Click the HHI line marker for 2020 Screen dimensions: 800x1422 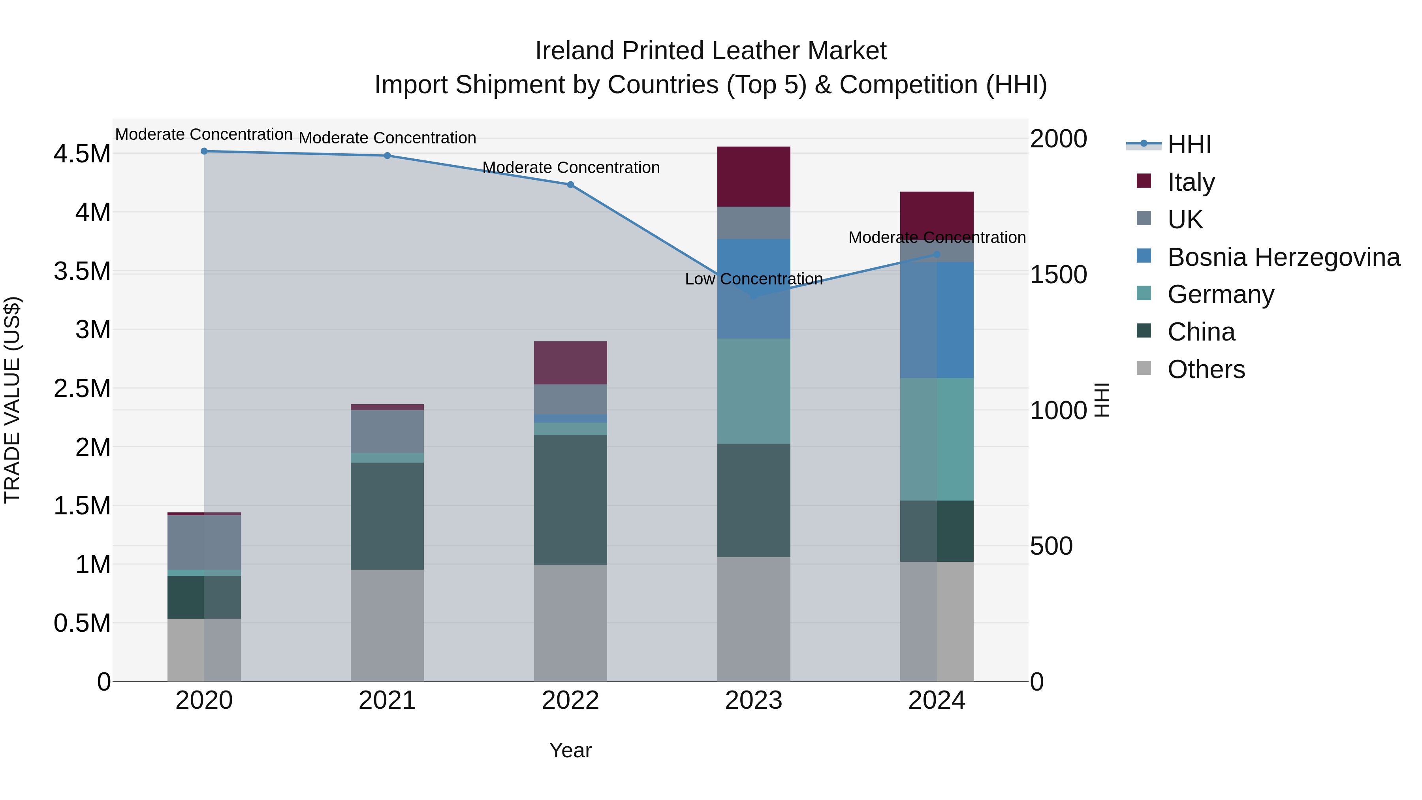pos(204,151)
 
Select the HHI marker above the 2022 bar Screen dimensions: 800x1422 pos(570,185)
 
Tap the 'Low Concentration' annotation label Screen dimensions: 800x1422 pos(754,279)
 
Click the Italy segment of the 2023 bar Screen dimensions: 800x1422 pos(754,177)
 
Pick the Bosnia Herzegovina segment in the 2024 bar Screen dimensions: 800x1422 pos(937,320)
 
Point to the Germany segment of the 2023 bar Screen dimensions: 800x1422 pos(754,391)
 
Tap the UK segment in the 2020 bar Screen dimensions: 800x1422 pos(204,542)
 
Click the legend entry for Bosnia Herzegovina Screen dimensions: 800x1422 pos(1283,257)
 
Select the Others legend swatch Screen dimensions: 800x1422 pos(1144,368)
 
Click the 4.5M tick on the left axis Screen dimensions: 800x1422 pos(82,154)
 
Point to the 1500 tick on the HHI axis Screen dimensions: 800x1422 pos(1058,275)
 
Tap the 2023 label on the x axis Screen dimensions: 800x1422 pos(754,700)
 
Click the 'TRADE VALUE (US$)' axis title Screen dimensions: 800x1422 pos(12,400)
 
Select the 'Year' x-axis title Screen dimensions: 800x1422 pos(570,750)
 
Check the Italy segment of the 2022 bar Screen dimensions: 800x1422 pos(570,363)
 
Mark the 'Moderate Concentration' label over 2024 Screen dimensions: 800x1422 pos(937,237)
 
